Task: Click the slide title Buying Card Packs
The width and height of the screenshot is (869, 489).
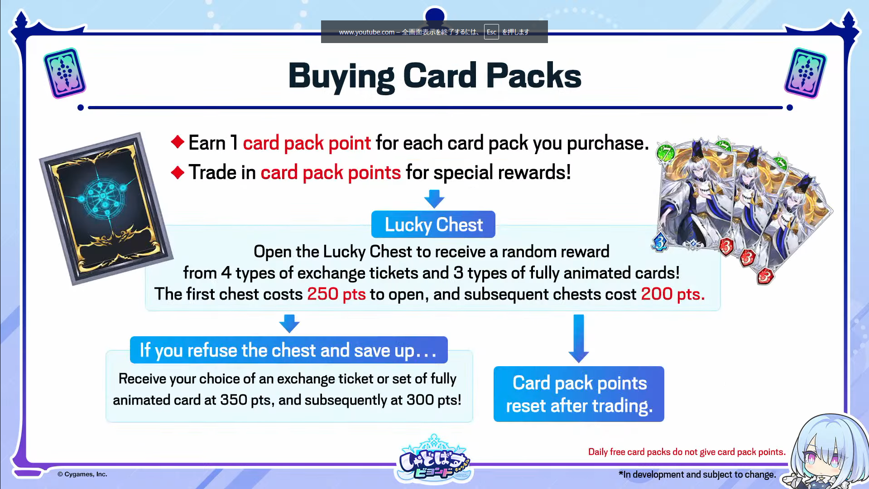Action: [435, 76]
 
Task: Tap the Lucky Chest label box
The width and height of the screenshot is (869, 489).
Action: [433, 224]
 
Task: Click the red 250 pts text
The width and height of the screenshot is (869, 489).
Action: [336, 294]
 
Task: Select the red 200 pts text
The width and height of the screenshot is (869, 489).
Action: [672, 294]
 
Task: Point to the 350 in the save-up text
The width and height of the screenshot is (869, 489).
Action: [234, 400]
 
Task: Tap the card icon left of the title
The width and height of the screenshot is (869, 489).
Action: [65, 73]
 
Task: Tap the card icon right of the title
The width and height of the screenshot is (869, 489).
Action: [806, 73]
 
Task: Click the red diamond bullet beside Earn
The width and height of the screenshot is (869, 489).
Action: [178, 142]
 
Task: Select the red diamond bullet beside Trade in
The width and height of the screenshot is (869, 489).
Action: [178, 172]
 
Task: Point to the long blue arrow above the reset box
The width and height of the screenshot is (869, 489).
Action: [579, 339]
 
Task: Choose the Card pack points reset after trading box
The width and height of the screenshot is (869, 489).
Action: [579, 394]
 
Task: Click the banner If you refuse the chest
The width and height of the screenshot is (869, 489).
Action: [289, 350]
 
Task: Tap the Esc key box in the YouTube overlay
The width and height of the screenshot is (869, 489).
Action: [491, 32]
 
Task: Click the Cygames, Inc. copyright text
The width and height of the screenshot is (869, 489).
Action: [82, 474]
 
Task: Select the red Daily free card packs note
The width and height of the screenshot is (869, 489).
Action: [687, 452]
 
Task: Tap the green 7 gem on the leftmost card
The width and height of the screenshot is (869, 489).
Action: [666, 153]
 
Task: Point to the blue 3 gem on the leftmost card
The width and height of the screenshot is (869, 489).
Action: [660, 242]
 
